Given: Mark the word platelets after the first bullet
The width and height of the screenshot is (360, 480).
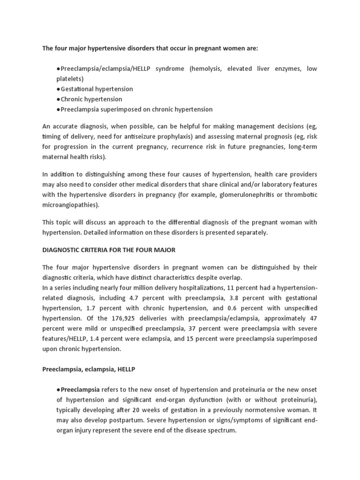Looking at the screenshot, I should tap(69, 78).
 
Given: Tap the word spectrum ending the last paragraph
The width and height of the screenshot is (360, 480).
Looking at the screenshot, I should tap(218, 430).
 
